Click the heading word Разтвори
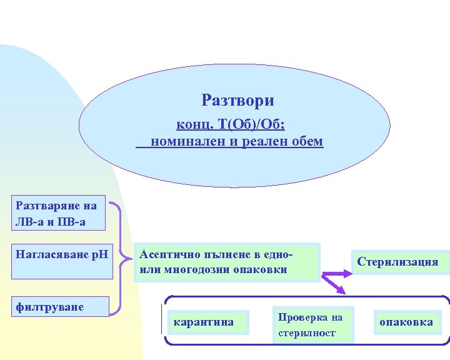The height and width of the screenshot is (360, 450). tap(237, 100)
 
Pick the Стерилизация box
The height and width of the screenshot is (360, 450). tap(397, 262)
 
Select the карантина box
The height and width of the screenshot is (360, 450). tap(204, 322)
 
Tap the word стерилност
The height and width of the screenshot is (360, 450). tap(307, 332)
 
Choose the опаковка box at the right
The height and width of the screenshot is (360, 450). tap(406, 322)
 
